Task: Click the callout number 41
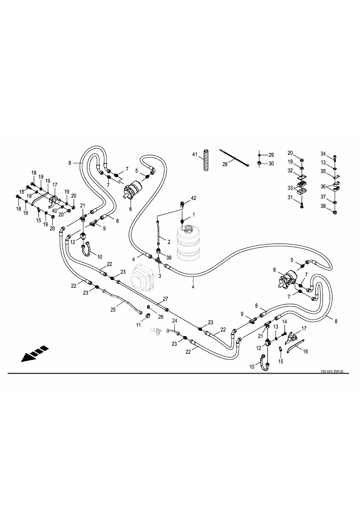pyautogui.click(x=195, y=155)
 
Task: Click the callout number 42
pyautogui.click(x=193, y=197)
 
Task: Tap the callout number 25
pyautogui.click(x=113, y=309)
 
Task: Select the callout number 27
pyautogui.click(x=165, y=299)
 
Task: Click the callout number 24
pyautogui.click(x=174, y=321)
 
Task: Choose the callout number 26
pyautogui.click(x=160, y=317)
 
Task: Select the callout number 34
pyautogui.click(x=323, y=154)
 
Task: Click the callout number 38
pyautogui.click(x=323, y=206)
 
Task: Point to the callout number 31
pyautogui.click(x=290, y=198)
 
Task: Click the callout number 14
pyautogui.click(x=285, y=322)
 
